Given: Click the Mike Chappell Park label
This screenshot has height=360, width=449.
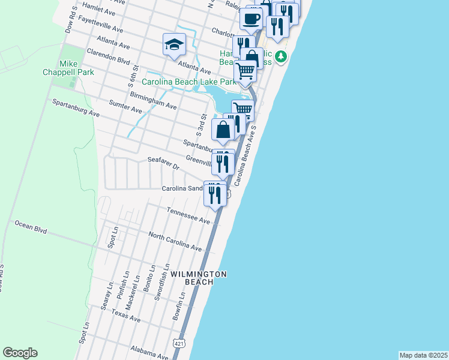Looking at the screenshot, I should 76,68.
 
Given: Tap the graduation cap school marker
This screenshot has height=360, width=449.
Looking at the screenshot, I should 174,44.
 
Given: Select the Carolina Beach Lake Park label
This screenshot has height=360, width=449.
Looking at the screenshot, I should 189,82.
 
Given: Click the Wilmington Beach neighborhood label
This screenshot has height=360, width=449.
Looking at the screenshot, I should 199,278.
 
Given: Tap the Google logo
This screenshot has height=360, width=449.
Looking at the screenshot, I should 20,353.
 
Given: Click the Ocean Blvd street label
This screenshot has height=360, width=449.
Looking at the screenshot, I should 31,226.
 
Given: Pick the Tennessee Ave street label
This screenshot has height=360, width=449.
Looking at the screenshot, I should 188,216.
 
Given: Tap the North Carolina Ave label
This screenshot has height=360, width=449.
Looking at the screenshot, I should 175,242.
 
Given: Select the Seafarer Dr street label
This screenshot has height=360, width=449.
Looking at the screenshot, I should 163,163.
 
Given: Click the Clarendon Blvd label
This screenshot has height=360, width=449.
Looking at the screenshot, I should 108,56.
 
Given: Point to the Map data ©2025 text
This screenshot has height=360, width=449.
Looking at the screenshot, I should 424,355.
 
